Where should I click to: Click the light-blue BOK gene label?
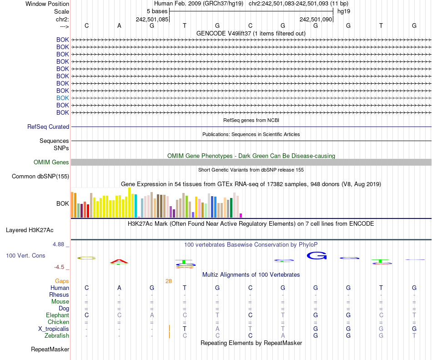click(x=63, y=98)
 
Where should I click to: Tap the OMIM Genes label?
click(x=51, y=162)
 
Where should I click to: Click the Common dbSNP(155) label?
click(x=40, y=177)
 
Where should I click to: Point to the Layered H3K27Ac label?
click(x=30, y=230)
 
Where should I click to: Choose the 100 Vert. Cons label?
click(x=25, y=256)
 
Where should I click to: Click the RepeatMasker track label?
click(x=50, y=350)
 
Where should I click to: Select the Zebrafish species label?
click(x=57, y=335)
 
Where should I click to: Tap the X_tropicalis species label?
click(x=54, y=329)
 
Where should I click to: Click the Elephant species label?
click(x=57, y=315)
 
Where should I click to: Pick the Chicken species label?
click(x=58, y=322)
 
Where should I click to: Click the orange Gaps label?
click(x=62, y=281)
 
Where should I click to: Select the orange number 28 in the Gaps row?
click(x=168, y=281)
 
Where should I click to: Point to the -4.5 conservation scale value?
click(x=60, y=267)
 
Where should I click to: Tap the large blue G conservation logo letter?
click(x=317, y=256)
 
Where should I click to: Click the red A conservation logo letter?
click(x=119, y=261)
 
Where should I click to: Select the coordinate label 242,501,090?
click(x=316, y=20)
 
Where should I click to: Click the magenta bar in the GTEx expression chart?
click(x=241, y=215)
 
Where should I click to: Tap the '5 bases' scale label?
click(x=157, y=11)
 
